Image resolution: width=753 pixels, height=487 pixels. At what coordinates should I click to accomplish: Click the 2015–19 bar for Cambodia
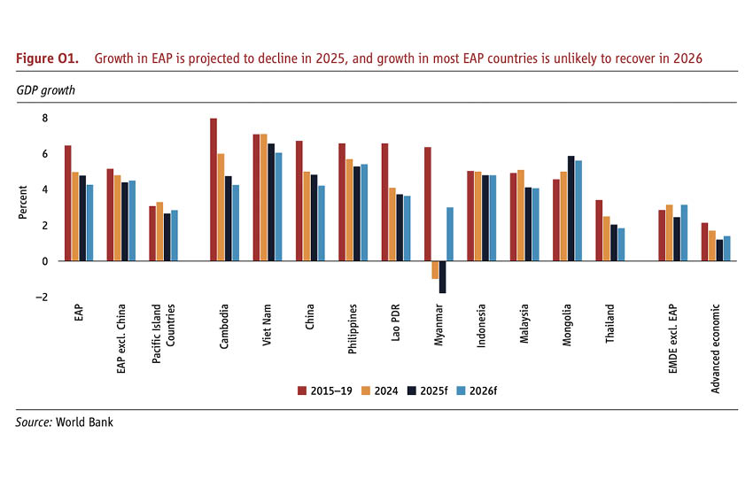pyautogui.click(x=213, y=189)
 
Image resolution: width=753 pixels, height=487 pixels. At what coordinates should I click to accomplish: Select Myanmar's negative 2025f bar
pyautogui.click(x=441, y=277)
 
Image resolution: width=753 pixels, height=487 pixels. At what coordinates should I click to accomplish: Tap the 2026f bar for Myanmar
pyautogui.click(x=450, y=234)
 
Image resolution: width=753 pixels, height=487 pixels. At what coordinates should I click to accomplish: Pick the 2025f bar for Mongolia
pyautogui.click(x=571, y=208)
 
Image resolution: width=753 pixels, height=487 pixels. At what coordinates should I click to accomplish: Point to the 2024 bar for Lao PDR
pyautogui.click(x=393, y=224)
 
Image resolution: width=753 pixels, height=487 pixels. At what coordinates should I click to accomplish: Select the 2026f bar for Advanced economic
pyautogui.click(x=727, y=249)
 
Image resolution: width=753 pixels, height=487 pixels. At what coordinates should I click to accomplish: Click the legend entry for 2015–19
pyautogui.click(x=327, y=389)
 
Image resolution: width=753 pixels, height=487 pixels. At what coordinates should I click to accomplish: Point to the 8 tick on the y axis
pyautogui.click(x=45, y=118)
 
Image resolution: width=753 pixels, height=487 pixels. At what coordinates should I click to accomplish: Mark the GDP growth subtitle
pyautogui.click(x=45, y=90)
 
